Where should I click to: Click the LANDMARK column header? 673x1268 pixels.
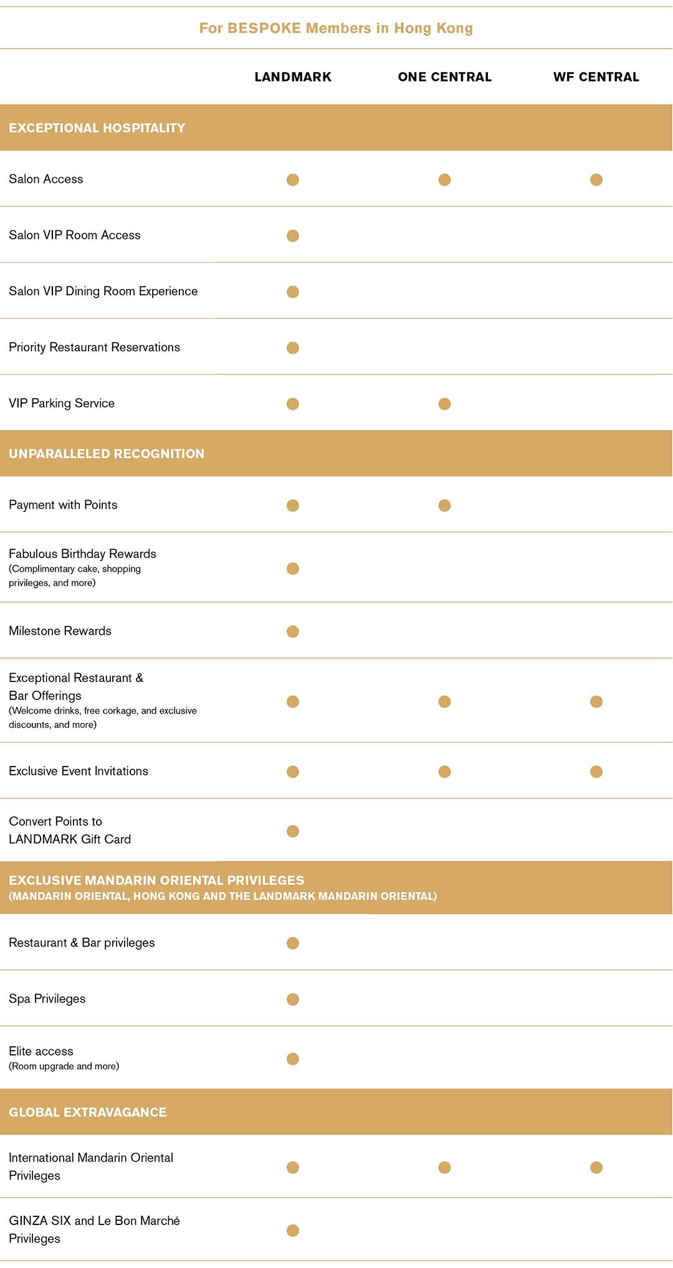(293, 77)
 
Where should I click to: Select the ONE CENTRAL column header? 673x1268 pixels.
(444, 77)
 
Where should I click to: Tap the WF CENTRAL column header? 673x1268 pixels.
(596, 77)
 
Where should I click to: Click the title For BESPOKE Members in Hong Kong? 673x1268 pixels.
(336, 28)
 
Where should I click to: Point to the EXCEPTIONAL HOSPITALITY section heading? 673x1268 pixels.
(97, 128)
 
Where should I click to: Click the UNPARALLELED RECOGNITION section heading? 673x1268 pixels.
(107, 454)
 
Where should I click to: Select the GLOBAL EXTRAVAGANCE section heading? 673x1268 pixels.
(88, 1112)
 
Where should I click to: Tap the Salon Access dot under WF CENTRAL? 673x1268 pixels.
(596, 180)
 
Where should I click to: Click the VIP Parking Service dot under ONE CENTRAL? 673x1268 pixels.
(444, 404)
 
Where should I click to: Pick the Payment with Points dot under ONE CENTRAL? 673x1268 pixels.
(444, 506)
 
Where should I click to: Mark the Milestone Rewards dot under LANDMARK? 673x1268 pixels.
(293, 632)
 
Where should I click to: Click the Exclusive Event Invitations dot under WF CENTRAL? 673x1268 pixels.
(596, 772)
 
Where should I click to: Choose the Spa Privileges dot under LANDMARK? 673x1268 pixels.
(293, 1000)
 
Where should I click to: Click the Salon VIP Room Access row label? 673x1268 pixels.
(75, 235)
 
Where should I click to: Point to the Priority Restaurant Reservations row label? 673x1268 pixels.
(94, 348)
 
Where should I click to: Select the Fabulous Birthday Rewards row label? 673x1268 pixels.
(82, 554)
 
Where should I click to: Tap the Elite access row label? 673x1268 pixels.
(41, 1051)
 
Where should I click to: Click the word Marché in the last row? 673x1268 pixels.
(160, 1221)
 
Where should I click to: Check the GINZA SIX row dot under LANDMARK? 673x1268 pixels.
(293, 1230)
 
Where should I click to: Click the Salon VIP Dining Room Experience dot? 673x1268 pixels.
(293, 292)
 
